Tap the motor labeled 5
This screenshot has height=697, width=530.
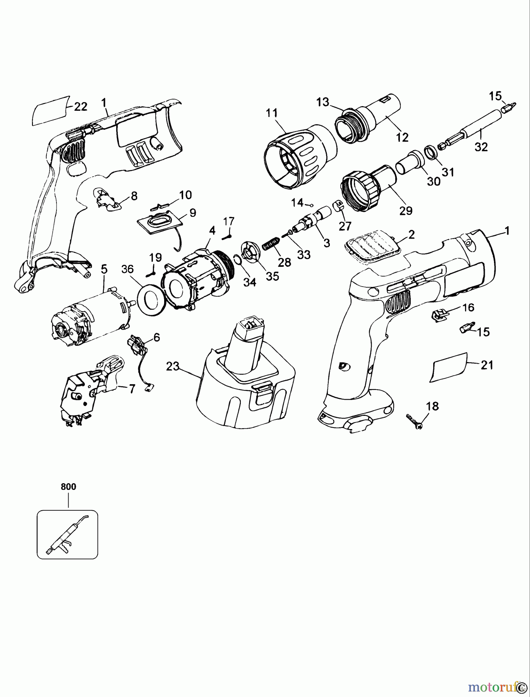(91, 316)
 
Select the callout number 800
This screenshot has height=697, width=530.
(69, 487)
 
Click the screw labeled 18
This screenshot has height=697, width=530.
(415, 421)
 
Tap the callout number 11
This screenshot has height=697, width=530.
(272, 113)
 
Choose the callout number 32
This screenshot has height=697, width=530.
(481, 147)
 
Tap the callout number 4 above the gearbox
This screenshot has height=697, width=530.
(212, 230)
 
